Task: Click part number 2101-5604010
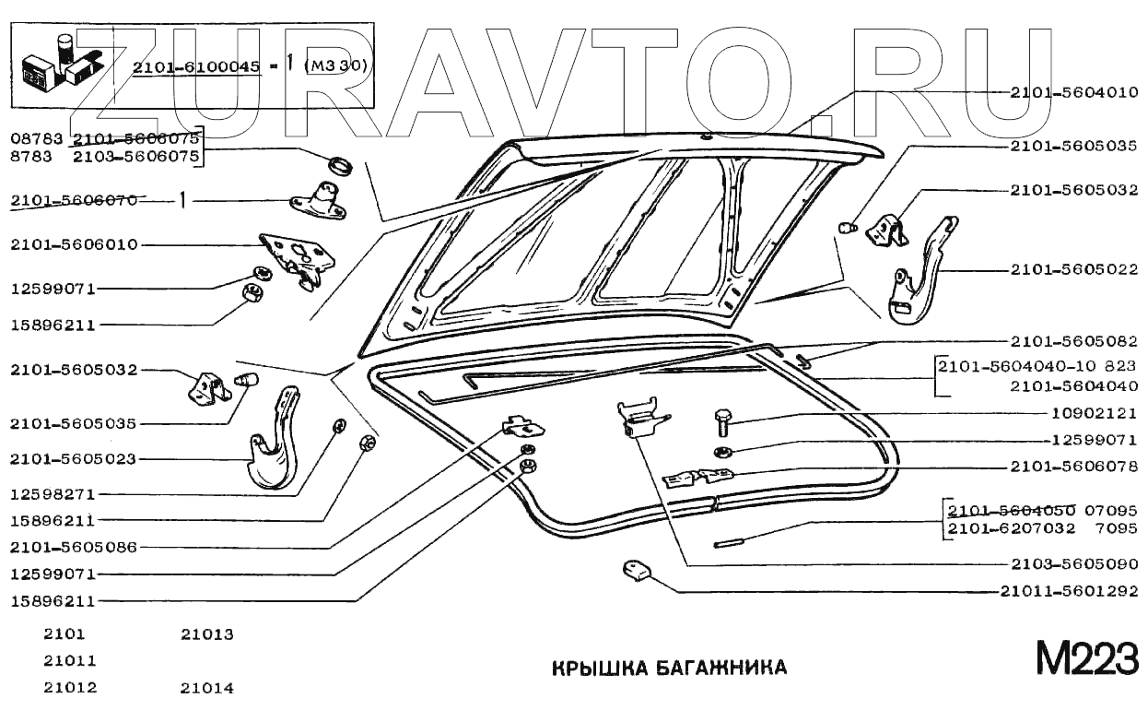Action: [x=1073, y=92]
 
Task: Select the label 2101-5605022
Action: [x=1073, y=270]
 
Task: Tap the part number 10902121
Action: [x=1095, y=413]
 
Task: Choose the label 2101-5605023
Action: [x=74, y=458]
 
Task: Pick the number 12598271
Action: [x=53, y=494]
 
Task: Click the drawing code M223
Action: [x=1085, y=659]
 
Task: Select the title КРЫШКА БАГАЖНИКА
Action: [x=669, y=668]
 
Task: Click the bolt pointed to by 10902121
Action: [x=722, y=424]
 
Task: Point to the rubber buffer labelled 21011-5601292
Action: [x=634, y=571]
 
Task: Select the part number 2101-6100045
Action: [x=194, y=67]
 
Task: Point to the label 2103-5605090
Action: [x=1073, y=564]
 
